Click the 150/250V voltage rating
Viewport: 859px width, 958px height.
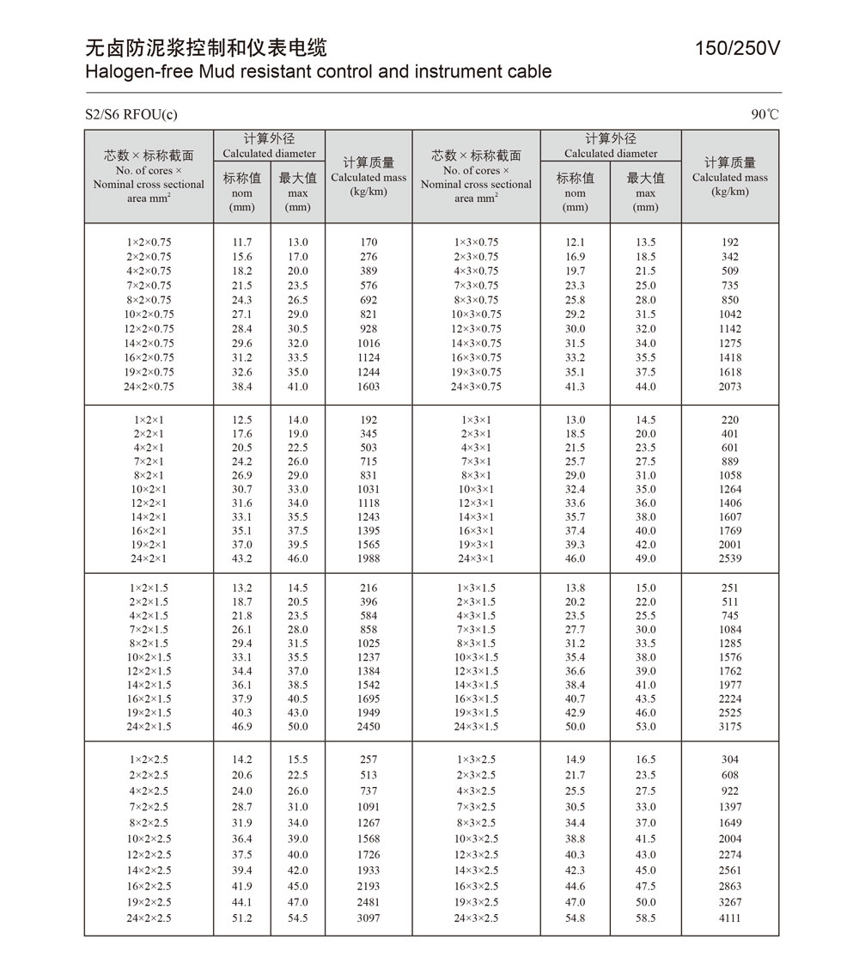point(738,49)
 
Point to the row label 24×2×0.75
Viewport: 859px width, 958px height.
point(149,387)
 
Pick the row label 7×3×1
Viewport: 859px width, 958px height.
point(477,461)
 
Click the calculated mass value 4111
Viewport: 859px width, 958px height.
point(730,918)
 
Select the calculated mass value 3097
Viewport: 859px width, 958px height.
point(369,918)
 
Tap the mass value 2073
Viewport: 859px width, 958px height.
point(730,387)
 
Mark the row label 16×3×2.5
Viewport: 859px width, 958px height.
point(477,887)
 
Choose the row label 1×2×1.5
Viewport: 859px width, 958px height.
point(149,589)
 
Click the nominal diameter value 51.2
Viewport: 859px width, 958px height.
point(242,918)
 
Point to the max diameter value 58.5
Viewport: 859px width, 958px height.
point(645,918)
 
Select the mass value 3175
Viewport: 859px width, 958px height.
point(730,727)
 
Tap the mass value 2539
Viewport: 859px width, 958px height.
point(730,558)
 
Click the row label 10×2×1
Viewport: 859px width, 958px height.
point(149,489)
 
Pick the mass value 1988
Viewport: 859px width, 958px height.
point(369,558)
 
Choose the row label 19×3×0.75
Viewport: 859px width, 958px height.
point(477,372)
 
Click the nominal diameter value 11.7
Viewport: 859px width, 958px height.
point(242,242)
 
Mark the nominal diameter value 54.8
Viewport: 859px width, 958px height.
point(575,918)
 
